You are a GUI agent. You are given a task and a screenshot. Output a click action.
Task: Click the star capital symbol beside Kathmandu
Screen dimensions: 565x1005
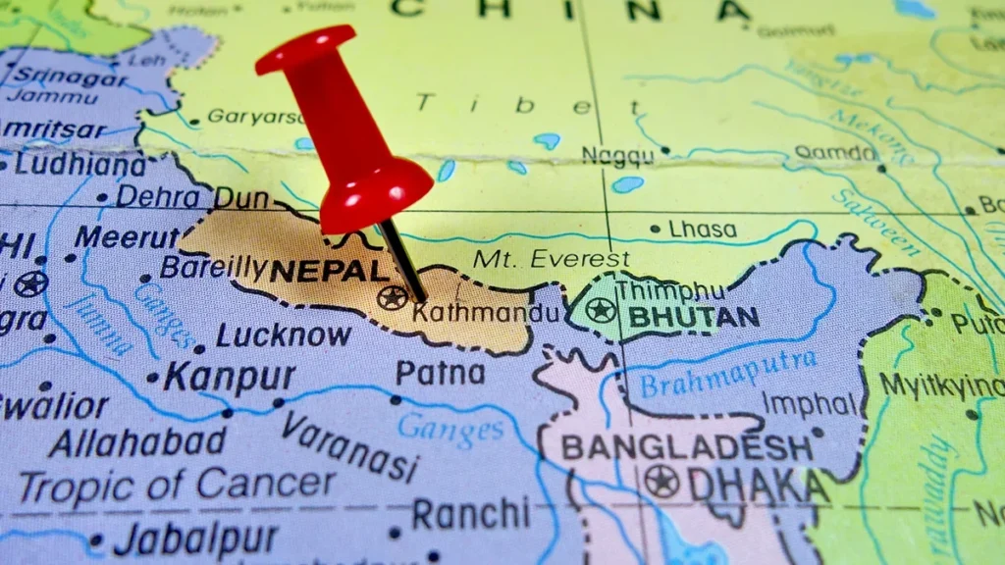pos(393,296)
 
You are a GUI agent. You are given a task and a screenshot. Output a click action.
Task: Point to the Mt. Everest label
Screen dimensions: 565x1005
pos(551,260)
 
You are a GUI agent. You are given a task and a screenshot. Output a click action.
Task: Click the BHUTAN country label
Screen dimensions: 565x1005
pos(694,318)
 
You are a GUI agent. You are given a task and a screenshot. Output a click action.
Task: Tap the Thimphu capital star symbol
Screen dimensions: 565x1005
pos(600,311)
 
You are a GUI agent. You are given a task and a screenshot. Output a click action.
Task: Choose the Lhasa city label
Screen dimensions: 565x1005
pos(702,230)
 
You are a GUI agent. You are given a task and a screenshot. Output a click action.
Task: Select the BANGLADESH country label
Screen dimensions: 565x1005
pos(686,448)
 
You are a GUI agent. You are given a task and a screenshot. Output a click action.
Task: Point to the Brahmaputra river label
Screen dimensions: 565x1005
pos(727,374)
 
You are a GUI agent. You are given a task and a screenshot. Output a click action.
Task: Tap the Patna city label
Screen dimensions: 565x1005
pos(440,373)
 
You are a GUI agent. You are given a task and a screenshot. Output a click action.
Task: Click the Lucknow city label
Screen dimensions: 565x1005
pos(284,334)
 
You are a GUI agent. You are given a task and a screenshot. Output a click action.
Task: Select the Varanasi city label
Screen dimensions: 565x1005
pos(350,444)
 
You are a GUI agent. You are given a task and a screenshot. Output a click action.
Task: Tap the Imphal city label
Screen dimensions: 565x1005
pos(809,404)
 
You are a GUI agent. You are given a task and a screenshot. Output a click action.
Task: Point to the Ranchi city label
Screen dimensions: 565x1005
pos(470,513)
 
